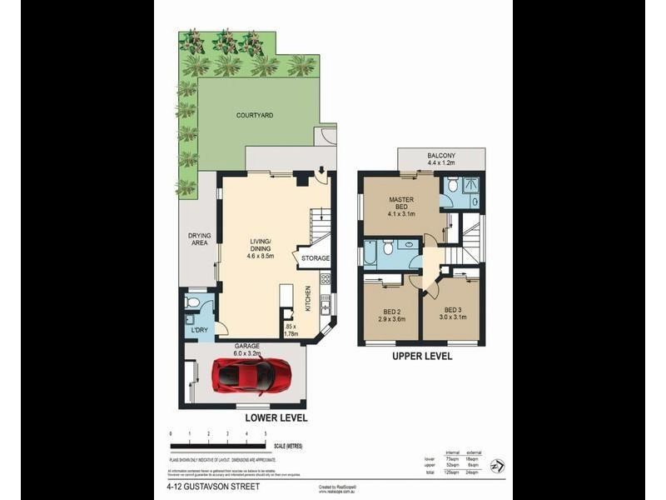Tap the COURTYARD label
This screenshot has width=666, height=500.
(255, 116)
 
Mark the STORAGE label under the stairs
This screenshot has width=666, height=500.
(316, 259)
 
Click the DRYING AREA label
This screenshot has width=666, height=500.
(199, 240)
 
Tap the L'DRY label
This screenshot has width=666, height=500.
(199, 331)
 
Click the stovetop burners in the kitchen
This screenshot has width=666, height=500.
(326, 279)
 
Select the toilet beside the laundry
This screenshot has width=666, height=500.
(193, 302)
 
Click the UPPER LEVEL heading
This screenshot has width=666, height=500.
(422, 356)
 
